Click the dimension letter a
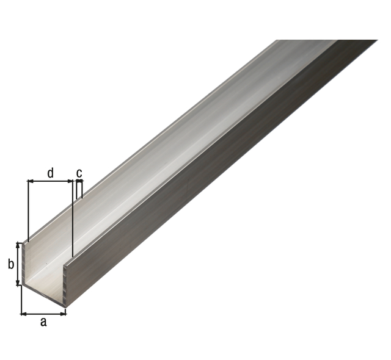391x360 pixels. click(43, 322)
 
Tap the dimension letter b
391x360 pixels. click(11, 264)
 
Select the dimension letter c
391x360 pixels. click(79, 173)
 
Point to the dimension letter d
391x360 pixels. click(50, 173)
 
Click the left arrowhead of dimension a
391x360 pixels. click(23, 314)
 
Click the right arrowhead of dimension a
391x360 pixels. click(64, 314)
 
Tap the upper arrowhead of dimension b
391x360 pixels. click(18, 245)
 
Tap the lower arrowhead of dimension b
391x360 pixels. click(18, 283)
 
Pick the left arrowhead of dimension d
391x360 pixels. click(30, 181)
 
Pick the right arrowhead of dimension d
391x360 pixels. click(70, 181)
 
